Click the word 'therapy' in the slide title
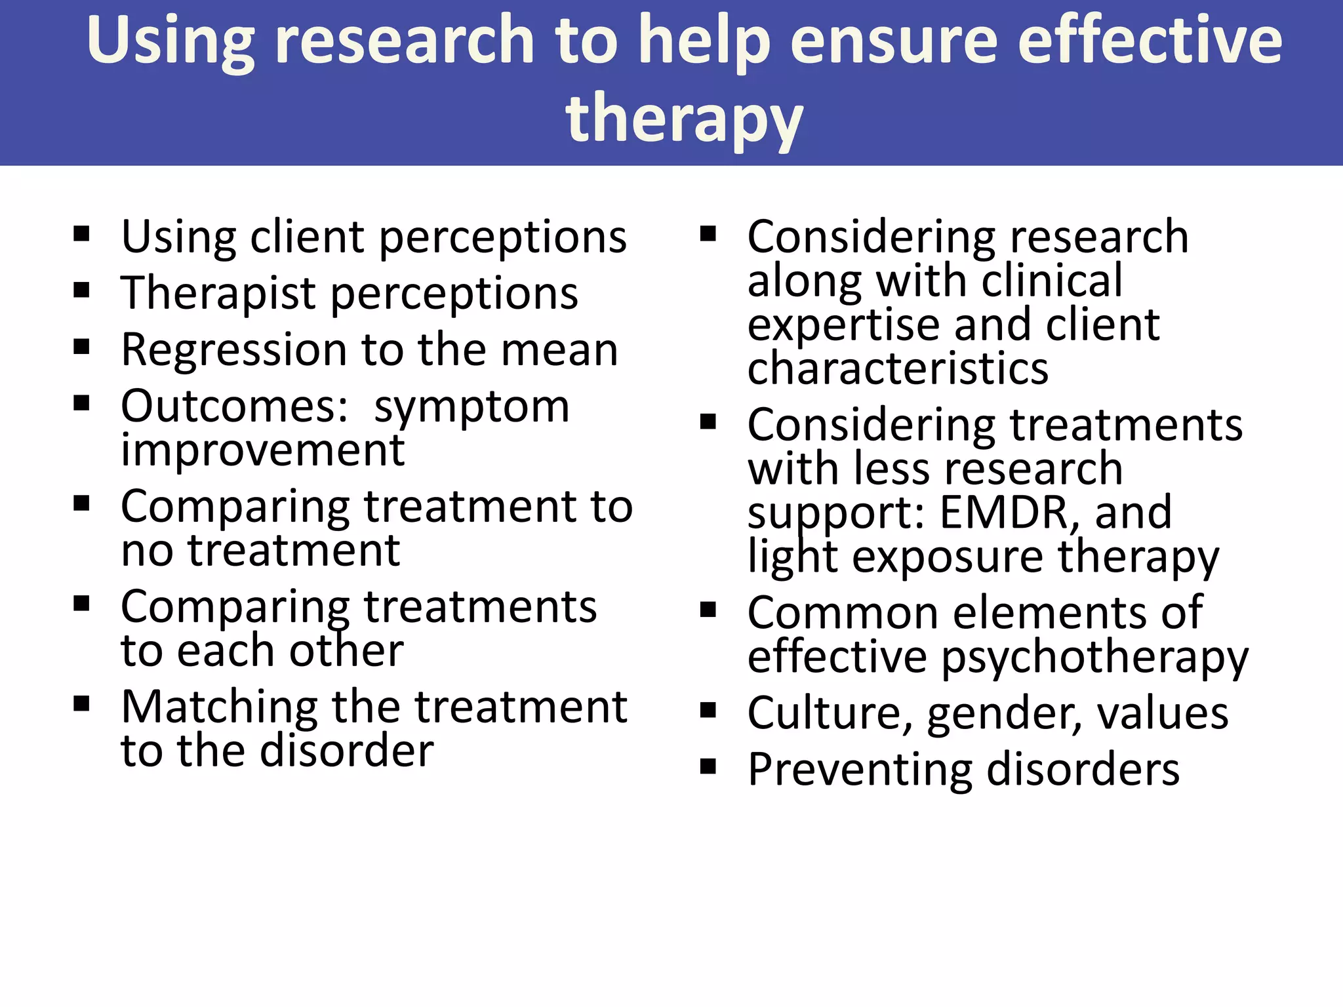684,118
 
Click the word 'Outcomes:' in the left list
235,406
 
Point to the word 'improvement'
263,451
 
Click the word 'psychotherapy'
1095,658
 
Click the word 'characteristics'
898,368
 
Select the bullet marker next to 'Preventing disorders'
708,766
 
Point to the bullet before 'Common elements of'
708,610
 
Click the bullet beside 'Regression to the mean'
81,347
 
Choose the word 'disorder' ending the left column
347,751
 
